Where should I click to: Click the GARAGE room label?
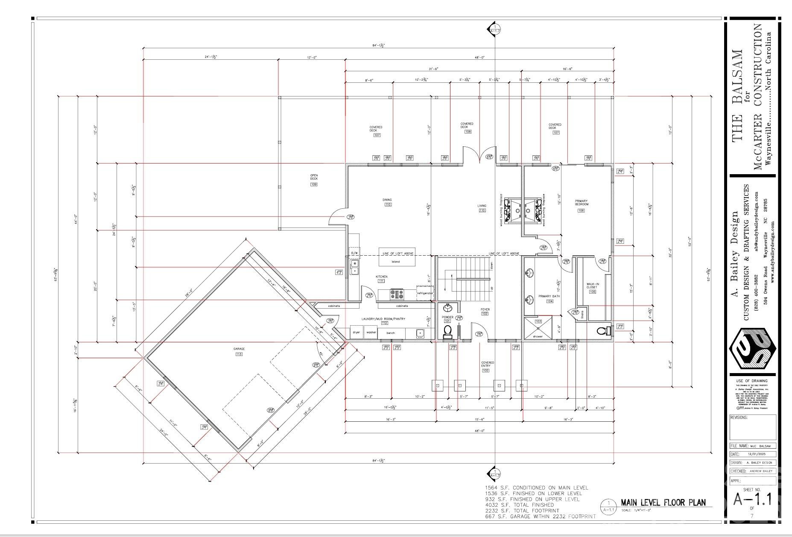click(239, 349)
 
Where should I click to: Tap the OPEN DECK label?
click(314, 177)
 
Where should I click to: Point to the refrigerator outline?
click(425, 293)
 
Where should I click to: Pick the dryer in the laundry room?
click(357, 332)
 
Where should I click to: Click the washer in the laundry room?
click(371, 332)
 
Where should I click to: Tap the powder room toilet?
click(448, 331)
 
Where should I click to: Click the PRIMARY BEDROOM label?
click(581, 202)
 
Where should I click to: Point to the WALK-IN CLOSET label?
click(592, 286)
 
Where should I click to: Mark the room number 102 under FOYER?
click(485, 314)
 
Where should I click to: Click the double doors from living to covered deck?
click(477, 155)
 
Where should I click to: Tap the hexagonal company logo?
click(752, 349)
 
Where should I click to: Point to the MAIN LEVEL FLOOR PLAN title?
click(663, 502)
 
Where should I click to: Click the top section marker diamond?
click(494, 29)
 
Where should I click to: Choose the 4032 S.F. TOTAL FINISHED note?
click(519, 505)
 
